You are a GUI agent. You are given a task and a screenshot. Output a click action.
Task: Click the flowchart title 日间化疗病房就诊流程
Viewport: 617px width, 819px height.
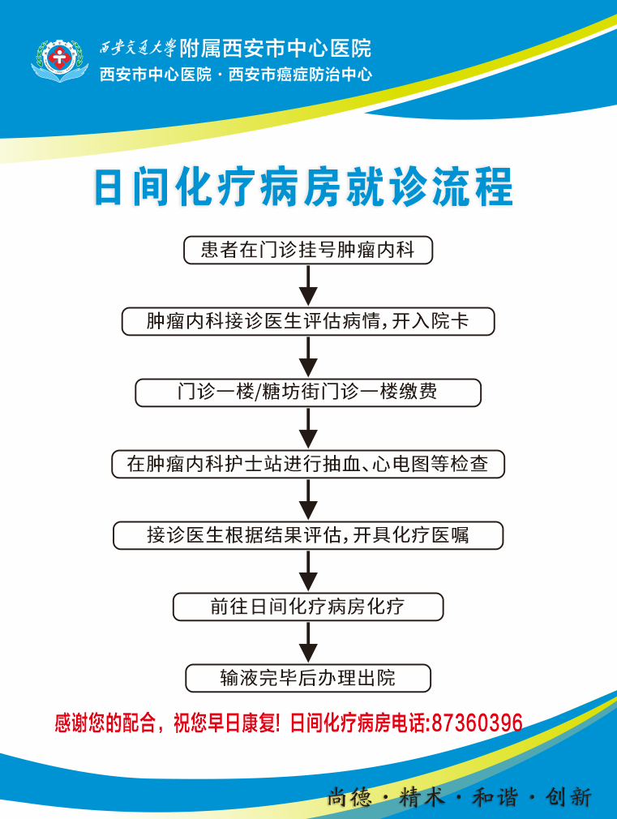304,187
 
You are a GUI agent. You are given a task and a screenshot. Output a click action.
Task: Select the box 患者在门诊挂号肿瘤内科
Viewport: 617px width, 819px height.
307,250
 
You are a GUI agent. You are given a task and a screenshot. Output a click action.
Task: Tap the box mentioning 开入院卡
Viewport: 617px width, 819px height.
307,321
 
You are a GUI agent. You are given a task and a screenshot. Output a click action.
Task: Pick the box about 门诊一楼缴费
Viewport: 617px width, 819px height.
307,392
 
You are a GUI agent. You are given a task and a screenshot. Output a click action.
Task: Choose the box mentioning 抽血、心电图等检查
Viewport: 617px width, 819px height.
307,464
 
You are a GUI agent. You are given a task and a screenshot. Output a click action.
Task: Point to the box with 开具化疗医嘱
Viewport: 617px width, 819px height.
307,535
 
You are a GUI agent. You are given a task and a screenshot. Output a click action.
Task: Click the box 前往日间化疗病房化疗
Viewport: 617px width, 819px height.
307,607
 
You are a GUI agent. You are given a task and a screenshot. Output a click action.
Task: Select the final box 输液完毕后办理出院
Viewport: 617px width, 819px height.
307,678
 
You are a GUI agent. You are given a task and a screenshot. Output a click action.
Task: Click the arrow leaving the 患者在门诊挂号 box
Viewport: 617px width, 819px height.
307,285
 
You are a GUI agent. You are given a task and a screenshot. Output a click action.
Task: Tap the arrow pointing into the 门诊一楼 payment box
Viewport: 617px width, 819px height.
307,357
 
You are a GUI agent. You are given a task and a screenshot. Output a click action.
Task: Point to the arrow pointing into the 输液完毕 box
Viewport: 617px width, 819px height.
307,642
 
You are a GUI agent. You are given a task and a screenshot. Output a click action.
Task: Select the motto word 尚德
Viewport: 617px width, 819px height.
349,797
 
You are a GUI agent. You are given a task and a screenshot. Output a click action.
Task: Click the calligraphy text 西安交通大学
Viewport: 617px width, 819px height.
137,48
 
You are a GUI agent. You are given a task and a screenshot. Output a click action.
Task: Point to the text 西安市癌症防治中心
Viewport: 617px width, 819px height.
301,75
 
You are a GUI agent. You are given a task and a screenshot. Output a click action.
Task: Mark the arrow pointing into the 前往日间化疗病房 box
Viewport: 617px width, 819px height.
307,571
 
